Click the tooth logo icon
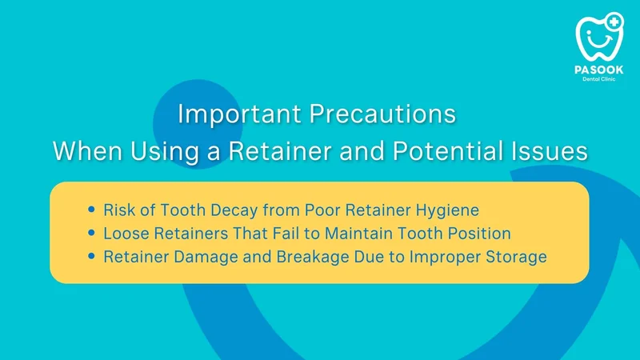coord(599,38)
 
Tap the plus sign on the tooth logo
coord(614,22)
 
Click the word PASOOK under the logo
coord(598,70)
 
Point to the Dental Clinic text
coord(598,79)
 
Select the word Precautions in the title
coord(382,114)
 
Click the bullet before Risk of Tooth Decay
coord(91,210)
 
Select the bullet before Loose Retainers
coord(91,233)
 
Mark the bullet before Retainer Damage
coord(91,256)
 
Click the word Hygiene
coord(447,210)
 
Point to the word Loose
coord(126,234)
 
